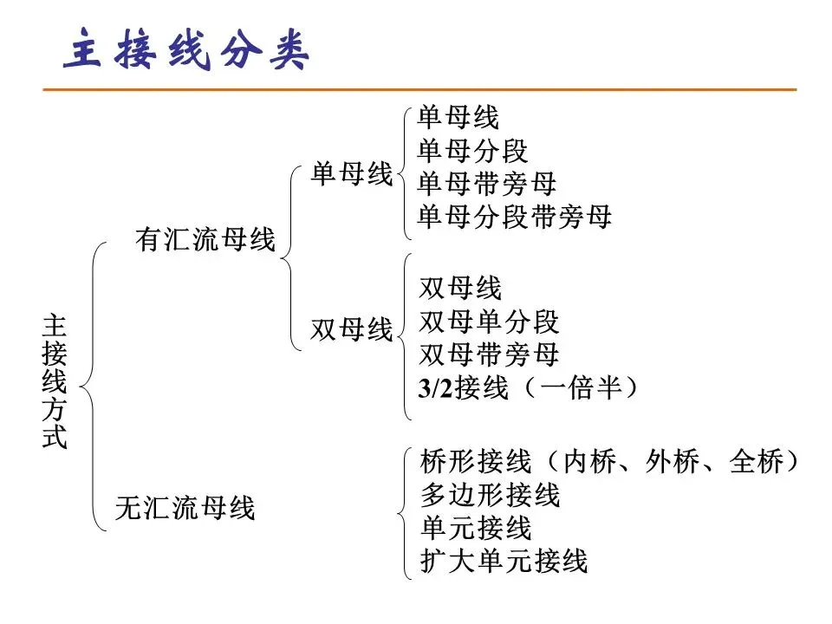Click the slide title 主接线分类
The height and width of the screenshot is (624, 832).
tap(187, 51)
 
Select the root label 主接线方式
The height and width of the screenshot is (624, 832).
tap(54, 382)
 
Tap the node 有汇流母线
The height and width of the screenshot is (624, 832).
tap(205, 240)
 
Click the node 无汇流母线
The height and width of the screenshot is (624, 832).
tap(185, 508)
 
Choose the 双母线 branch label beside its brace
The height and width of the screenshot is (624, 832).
tap(352, 330)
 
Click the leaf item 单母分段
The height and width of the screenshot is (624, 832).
tap(472, 151)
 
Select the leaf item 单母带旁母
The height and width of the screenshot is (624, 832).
tap(486, 184)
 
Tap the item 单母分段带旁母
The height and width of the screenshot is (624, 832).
tap(515, 217)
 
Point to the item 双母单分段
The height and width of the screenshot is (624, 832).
tap(489, 322)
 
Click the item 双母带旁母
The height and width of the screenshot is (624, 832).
tap(489, 355)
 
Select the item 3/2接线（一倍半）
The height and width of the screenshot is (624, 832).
tap(529, 388)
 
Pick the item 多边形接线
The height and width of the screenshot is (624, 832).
tap(490, 495)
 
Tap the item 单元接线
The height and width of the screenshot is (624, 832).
tap(475, 528)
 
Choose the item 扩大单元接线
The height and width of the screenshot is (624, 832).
tap(504, 561)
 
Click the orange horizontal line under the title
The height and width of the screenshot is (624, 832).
tap(419, 89)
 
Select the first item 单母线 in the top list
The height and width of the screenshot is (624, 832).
tap(458, 118)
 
